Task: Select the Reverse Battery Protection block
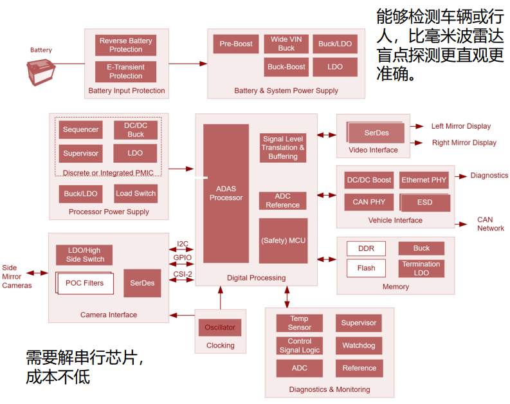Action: point(126,45)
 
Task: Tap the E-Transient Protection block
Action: point(126,71)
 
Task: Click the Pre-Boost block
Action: point(236,44)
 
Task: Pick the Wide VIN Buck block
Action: point(286,44)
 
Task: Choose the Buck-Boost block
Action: point(286,66)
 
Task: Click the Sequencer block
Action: point(81,129)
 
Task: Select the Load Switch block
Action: point(136,194)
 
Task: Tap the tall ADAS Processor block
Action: point(226,193)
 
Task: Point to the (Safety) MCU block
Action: point(283,241)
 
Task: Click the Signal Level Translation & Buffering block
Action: point(283,147)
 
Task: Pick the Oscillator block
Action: point(220,327)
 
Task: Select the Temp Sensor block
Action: point(299,323)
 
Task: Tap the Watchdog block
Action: point(359,345)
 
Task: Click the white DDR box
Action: point(365,249)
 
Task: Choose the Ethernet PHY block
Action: point(424,180)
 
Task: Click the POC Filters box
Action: point(84,283)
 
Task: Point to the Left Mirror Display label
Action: point(461,126)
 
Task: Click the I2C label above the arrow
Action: point(183,244)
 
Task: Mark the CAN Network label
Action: point(490,224)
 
